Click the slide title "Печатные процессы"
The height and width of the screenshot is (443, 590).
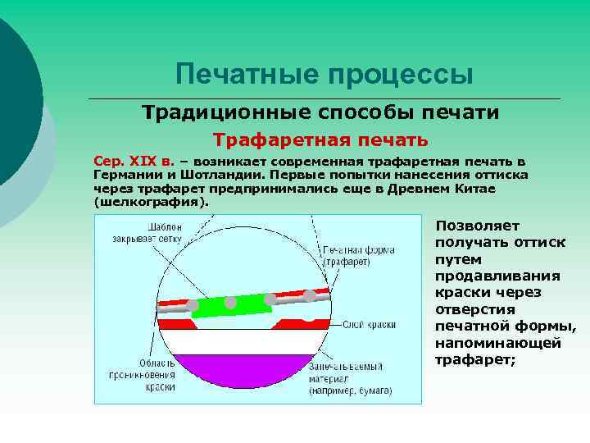click(324, 75)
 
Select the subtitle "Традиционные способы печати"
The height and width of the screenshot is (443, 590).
click(320, 112)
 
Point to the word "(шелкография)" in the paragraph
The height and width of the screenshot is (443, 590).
click(152, 200)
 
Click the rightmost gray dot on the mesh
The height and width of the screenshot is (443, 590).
click(310, 296)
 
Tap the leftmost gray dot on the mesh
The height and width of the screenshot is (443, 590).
click(193, 308)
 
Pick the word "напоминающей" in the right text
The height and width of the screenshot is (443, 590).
click(497, 343)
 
